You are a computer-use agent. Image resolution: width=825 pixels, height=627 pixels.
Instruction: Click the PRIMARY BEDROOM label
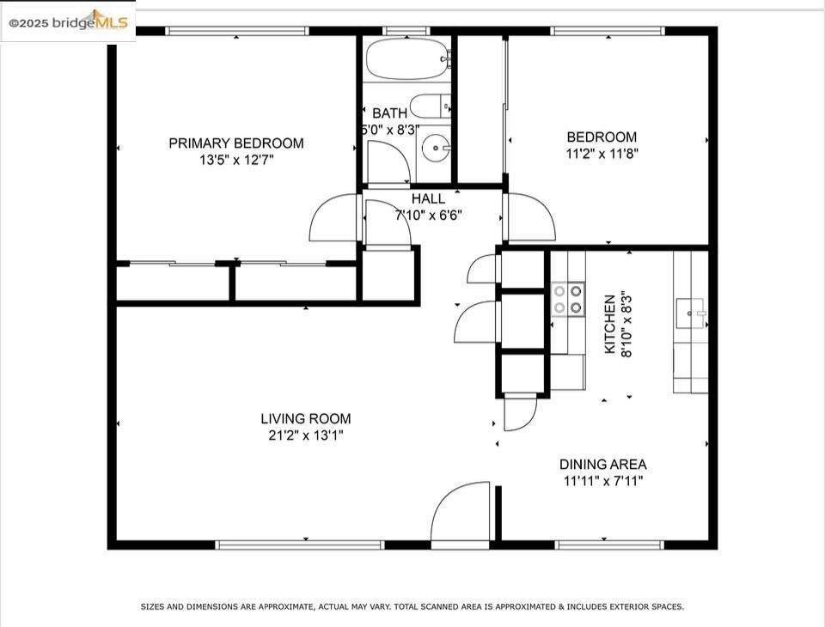(236, 143)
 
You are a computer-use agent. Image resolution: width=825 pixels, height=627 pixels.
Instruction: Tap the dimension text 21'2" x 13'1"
(306, 435)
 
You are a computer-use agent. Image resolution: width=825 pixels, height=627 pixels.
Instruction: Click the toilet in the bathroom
(431, 107)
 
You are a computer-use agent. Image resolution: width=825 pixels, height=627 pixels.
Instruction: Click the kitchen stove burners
(568, 299)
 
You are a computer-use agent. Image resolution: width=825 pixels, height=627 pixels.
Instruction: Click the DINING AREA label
(603, 465)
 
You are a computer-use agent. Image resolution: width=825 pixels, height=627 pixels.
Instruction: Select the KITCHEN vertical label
(610, 324)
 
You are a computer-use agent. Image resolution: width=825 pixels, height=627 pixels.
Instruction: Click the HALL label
(428, 198)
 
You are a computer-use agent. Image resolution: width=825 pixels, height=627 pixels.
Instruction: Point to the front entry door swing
(460, 511)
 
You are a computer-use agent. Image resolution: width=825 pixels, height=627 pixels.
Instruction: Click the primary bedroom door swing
(334, 217)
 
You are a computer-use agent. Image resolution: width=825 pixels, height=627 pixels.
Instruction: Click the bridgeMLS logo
(68, 21)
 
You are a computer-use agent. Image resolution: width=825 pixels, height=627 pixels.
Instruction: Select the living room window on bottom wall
(301, 545)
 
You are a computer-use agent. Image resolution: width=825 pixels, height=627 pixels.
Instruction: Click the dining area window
(610, 545)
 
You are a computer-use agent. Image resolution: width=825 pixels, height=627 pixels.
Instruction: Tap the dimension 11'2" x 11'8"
(602, 154)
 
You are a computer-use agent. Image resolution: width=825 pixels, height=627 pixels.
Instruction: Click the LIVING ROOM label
(306, 418)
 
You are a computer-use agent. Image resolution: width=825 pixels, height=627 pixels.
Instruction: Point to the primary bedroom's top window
(237, 31)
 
